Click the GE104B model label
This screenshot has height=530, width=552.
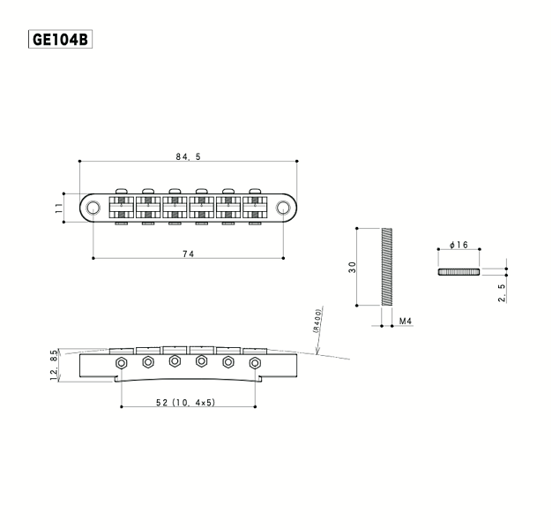point(60,39)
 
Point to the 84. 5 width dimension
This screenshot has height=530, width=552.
point(189,156)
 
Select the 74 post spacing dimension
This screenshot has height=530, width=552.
point(189,254)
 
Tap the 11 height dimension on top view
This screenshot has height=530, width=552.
point(59,208)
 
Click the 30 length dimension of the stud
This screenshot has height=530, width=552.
point(352,267)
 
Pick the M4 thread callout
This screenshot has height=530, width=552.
point(406,321)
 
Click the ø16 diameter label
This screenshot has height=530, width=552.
point(459,245)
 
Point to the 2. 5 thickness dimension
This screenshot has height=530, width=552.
point(502,293)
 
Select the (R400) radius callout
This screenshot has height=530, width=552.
point(317,321)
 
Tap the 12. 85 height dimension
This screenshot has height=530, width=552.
point(54,365)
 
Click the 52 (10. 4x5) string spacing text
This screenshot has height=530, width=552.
point(185,402)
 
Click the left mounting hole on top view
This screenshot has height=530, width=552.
point(93,208)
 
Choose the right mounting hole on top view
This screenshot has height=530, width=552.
point(283,208)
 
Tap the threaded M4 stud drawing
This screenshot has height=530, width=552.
point(387,267)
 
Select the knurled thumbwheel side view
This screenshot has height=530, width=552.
point(459,271)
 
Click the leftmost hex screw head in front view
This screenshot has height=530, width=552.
point(122,363)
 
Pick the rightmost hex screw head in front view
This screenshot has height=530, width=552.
point(255,363)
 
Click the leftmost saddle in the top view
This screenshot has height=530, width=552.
point(122,208)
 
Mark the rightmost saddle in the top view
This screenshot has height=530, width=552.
point(255,208)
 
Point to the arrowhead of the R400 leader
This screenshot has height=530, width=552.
point(317,353)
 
